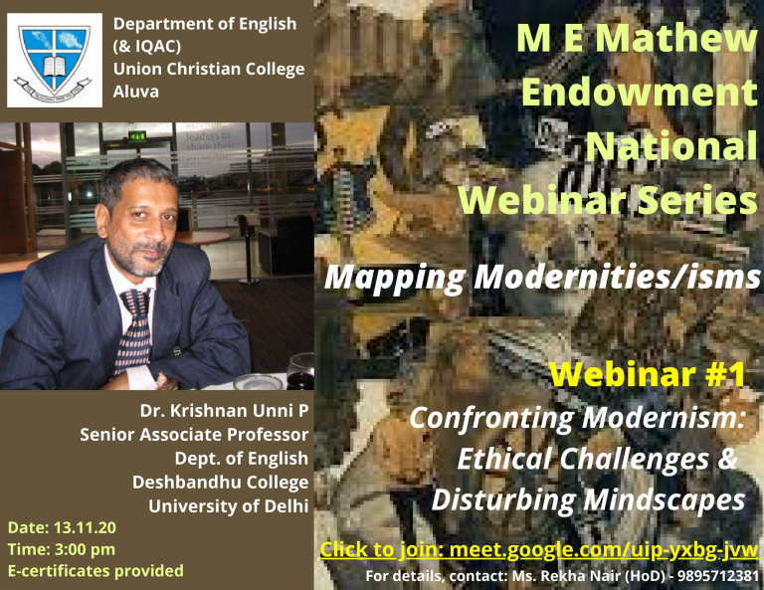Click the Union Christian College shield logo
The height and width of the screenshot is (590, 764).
click(x=55, y=61)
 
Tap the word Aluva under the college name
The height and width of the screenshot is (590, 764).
click(x=136, y=92)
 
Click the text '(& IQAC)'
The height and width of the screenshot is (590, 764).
click(x=146, y=47)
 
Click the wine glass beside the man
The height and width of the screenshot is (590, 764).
click(x=300, y=371)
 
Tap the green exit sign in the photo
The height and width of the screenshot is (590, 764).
click(x=137, y=136)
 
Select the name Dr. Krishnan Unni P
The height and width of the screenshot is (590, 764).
click(x=224, y=411)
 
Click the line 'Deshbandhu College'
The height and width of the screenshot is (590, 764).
click(x=220, y=483)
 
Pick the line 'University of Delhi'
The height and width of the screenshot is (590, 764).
click(x=229, y=505)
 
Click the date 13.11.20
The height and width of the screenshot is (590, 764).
click(x=85, y=527)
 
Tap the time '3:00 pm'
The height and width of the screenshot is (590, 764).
click(x=85, y=549)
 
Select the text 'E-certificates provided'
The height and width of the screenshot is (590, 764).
click(x=95, y=571)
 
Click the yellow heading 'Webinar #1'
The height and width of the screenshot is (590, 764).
click(x=648, y=374)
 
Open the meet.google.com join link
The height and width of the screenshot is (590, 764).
click(x=604, y=550)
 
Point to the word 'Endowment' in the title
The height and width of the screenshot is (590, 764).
click(x=640, y=93)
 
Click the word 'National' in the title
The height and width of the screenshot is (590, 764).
click(x=670, y=145)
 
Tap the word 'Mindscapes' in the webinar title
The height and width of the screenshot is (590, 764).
click(x=665, y=500)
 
